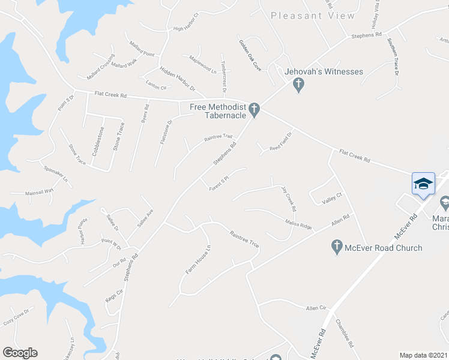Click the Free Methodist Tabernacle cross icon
254,110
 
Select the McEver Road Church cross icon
337,247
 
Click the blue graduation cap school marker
423,183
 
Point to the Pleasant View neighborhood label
313,16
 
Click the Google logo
20,353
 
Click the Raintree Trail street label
218,137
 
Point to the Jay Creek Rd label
289,199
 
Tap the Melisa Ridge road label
298,223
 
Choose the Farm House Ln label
199,260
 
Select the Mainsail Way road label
39,191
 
